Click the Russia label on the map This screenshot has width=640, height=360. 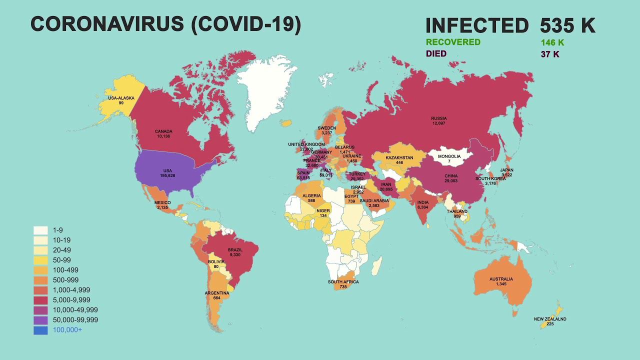click(438, 118)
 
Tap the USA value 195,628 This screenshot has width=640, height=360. click(167, 176)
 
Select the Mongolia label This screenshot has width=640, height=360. click(449, 156)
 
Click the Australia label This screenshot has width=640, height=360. click(501, 279)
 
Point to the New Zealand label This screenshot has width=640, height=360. click(550, 319)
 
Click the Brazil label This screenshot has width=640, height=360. click(235, 250)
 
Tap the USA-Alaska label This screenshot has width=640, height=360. click(121, 98)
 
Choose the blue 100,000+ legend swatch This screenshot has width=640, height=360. click(40, 330)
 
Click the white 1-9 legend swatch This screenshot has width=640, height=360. click(40, 230)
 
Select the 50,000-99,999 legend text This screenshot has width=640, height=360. click(75, 320)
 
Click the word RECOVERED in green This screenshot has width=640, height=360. click(453, 42)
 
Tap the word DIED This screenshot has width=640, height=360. click(436, 53)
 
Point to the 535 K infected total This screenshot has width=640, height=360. click(567, 25)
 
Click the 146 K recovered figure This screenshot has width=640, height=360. click(552, 43)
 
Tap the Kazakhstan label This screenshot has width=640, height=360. click(399, 158)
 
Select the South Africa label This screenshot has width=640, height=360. click(343, 282)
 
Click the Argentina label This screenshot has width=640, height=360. click(216, 293)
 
